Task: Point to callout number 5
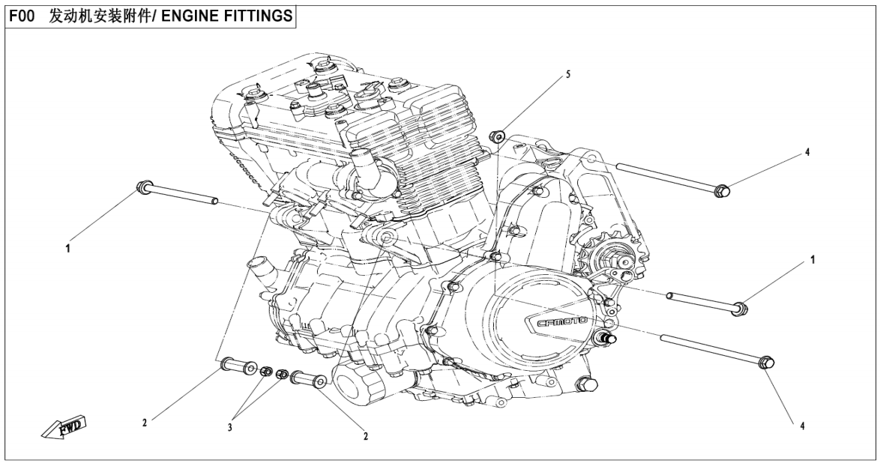click(x=567, y=74)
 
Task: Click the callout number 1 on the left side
click(x=68, y=248)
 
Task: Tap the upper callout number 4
click(x=807, y=151)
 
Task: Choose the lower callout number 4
click(x=803, y=426)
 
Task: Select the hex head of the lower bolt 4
click(x=766, y=363)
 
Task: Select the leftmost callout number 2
click(x=145, y=423)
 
